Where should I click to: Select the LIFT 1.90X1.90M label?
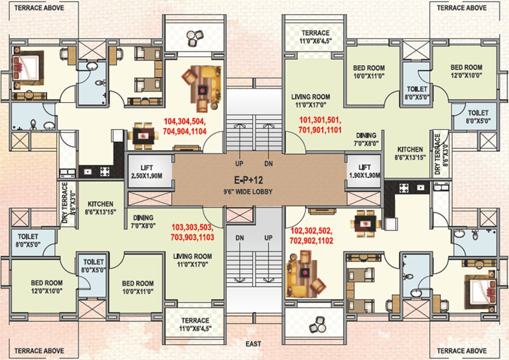364,171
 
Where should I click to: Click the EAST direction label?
253,344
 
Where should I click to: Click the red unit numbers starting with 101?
320,124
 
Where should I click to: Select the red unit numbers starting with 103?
192,232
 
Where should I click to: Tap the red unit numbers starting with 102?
312,236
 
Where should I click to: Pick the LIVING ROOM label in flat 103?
192,261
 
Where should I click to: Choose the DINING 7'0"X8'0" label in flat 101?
366,138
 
